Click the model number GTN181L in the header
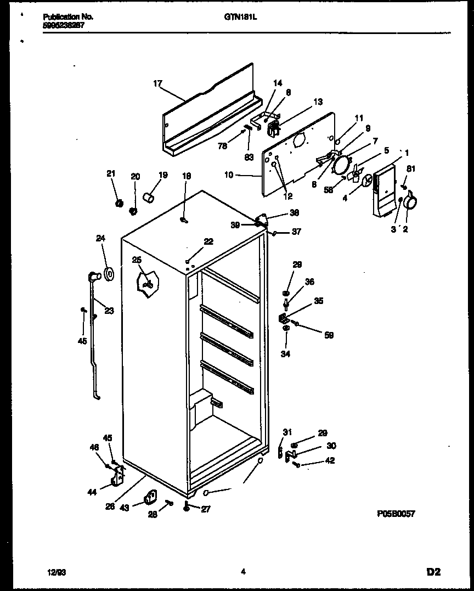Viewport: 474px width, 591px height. (x=241, y=17)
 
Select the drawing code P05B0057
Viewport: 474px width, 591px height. (x=396, y=514)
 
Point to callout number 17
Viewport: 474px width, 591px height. (x=157, y=84)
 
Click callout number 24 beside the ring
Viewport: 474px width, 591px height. (x=100, y=238)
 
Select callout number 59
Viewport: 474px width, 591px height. (x=329, y=335)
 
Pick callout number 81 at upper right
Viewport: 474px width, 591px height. (x=411, y=168)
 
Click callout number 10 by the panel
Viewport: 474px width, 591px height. (x=229, y=175)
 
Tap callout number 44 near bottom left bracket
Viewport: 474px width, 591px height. (x=92, y=492)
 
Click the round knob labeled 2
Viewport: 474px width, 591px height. (x=410, y=204)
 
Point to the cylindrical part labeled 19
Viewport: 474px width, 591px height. (x=148, y=196)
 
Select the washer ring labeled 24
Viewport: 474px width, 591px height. (x=108, y=272)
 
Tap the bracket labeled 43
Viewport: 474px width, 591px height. (x=150, y=497)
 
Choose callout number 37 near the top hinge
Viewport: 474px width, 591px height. (x=296, y=232)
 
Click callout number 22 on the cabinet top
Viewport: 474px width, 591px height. (x=208, y=241)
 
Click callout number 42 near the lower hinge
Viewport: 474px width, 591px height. (x=330, y=461)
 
